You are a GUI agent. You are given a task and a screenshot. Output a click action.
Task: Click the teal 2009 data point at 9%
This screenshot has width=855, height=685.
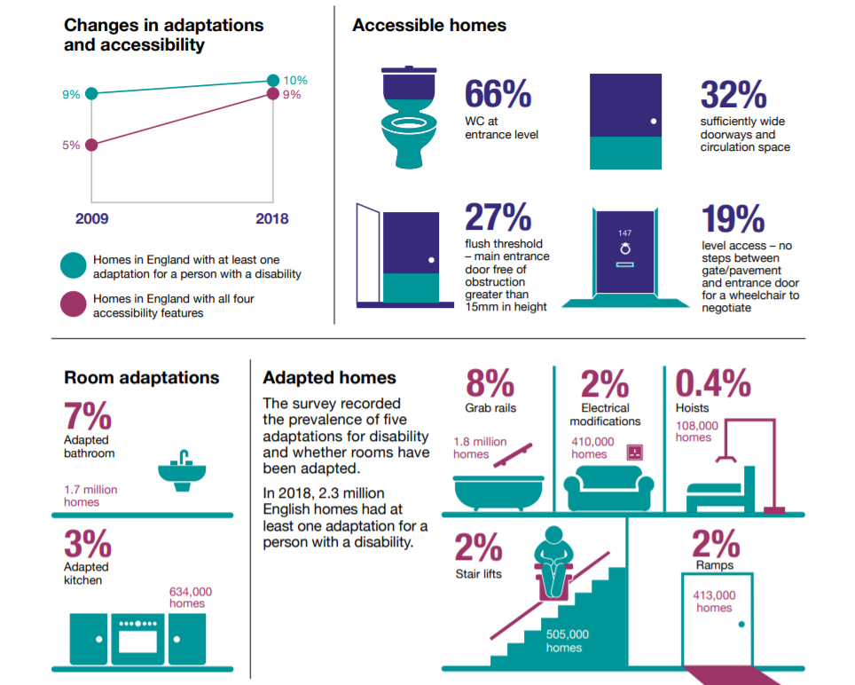91,93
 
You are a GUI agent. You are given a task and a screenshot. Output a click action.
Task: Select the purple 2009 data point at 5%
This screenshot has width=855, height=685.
91,144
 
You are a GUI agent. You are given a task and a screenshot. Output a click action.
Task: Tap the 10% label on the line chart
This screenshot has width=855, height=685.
295,80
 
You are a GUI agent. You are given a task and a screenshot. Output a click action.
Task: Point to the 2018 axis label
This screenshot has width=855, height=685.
271,219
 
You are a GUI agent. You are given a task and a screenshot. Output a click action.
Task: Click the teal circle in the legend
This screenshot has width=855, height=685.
73,266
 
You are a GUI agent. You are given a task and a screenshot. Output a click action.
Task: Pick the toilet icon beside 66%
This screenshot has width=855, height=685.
408,115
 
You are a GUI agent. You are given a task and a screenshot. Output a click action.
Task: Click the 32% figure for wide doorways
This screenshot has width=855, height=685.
733,95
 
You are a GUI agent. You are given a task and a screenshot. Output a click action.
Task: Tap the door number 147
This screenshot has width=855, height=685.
624,233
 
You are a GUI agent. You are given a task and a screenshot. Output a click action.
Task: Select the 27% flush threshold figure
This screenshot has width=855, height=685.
498,218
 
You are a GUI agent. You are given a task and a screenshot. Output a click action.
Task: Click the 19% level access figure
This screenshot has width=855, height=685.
733,218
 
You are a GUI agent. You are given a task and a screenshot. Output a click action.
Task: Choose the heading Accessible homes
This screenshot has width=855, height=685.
429,26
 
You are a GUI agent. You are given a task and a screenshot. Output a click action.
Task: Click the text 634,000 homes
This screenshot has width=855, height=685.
191,597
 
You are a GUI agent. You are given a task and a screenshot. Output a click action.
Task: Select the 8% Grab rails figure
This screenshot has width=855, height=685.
490,383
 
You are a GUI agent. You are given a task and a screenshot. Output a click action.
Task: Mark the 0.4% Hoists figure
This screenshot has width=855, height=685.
713,383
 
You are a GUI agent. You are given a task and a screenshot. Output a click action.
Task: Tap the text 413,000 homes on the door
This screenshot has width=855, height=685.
714,602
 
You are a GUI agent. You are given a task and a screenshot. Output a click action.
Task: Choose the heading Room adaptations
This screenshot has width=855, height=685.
142,377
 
